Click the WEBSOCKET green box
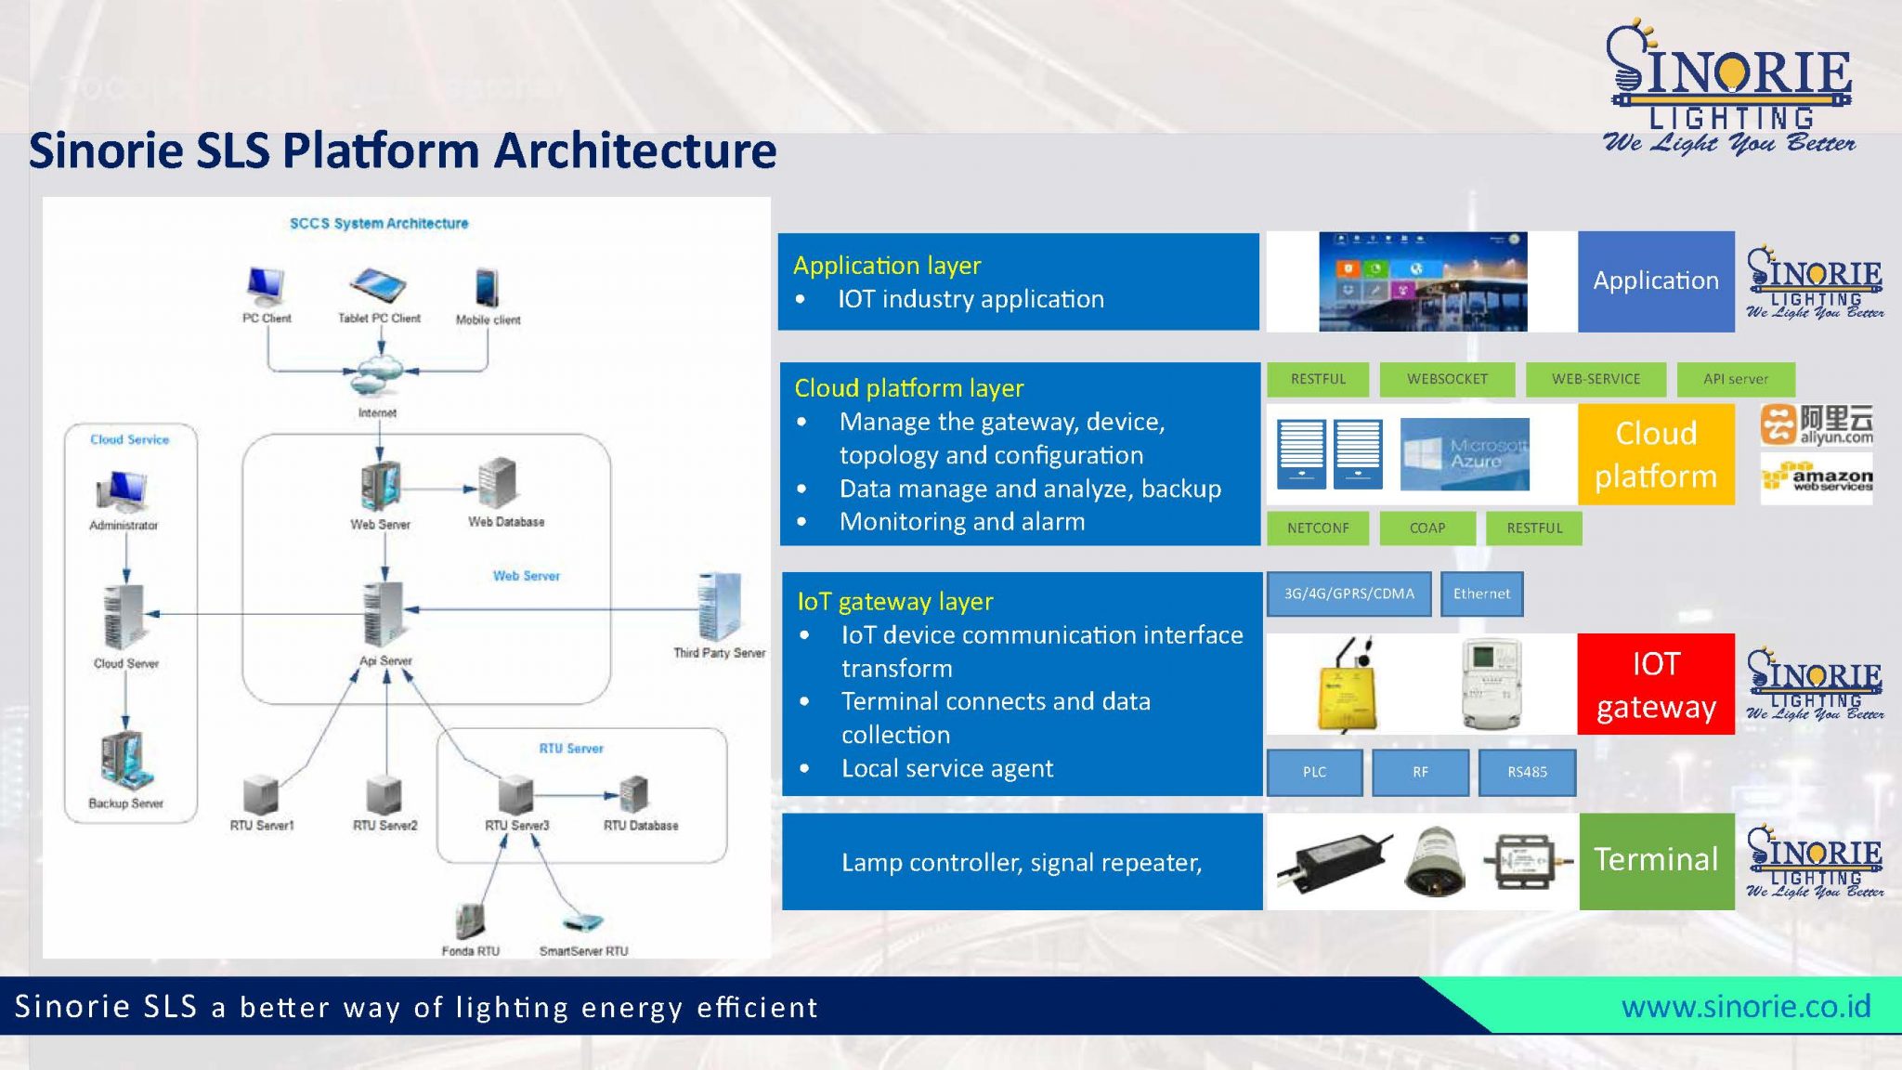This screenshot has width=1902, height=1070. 1446,379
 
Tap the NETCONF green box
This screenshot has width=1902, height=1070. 1318,528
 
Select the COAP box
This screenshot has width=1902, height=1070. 1427,528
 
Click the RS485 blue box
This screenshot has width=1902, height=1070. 1527,772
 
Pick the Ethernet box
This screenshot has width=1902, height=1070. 1481,594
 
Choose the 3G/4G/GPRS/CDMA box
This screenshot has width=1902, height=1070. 1348,594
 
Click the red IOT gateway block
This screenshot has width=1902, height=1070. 1656,685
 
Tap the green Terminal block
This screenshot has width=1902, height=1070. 1656,860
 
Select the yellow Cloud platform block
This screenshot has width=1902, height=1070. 1656,454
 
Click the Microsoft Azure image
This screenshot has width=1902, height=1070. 1465,454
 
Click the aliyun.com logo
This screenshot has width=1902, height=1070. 1817,424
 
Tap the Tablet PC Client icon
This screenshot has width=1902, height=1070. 378,284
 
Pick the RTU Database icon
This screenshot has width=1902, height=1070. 634,795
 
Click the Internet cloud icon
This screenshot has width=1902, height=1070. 378,373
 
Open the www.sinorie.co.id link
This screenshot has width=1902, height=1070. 1746,1006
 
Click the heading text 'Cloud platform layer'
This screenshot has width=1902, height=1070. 908,387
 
